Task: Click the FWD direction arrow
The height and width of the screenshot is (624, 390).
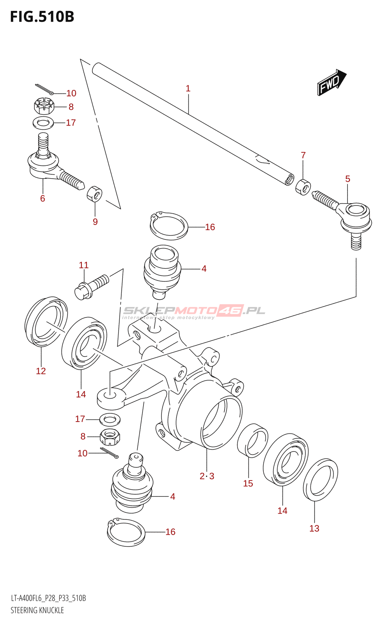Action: (x=332, y=82)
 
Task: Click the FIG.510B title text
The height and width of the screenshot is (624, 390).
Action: (x=43, y=17)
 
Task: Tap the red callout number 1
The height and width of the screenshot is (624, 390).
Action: (x=188, y=89)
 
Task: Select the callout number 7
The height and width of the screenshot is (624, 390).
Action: (x=303, y=155)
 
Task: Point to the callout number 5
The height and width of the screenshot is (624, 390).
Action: (x=347, y=179)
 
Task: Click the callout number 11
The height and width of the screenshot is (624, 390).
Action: (x=83, y=265)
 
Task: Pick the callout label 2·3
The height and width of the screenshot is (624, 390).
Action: (x=207, y=476)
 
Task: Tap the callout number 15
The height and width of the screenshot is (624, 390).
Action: (x=248, y=483)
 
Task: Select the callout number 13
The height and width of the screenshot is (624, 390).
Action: (x=314, y=528)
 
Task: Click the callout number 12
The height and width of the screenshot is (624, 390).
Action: (x=41, y=371)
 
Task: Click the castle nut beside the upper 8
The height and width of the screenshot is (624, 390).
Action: (x=44, y=106)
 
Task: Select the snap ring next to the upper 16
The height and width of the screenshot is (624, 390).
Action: (x=169, y=226)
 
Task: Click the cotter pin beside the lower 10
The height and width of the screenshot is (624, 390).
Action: (x=109, y=452)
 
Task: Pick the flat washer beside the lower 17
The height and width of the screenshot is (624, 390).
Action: (x=110, y=420)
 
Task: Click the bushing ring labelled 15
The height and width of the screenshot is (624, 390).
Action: (x=253, y=440)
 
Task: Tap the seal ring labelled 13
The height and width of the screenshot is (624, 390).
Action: (x=320, y=479)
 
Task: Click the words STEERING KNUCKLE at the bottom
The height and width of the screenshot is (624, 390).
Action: (x=37, y=610)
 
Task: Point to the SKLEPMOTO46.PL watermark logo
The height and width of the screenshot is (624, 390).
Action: (x=194, y=312)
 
